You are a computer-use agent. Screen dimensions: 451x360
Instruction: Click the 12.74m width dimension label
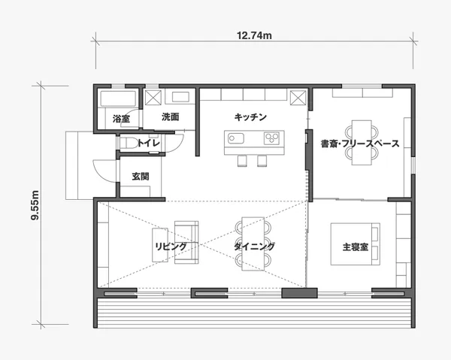click(x=254, y=35)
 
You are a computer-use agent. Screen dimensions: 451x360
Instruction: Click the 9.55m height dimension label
click(x=35, y=205)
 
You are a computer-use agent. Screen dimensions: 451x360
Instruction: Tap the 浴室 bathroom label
click(x=121, y=119)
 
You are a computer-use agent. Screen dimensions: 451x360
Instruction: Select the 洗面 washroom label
click(x=171, y=116)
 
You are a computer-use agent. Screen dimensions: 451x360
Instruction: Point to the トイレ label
click(x=148, y=143)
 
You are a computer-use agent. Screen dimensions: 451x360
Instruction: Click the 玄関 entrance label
click(x=141, y=177)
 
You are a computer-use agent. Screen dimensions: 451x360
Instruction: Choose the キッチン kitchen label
click(x=250, y=117)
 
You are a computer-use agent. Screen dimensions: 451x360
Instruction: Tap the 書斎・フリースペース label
click(x=360, y=144)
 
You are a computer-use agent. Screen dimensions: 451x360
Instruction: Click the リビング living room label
click(x=171, y=247)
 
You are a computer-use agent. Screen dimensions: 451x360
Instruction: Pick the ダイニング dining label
click(x=254, y=247)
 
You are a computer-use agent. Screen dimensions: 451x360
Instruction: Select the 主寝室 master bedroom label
click(x=356, y=247)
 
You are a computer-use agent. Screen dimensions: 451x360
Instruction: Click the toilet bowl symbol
click(x=129, y=143)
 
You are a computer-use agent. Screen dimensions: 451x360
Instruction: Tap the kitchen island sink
click(x=236, y=138)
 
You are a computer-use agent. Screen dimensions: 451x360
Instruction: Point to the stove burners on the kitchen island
click(x=272, y=138)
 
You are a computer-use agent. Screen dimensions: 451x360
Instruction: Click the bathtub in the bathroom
click(x=118, y=99)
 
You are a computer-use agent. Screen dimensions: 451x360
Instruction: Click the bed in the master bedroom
click(x=356, y=244)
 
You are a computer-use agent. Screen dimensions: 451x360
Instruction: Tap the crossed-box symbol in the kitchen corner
click(x=298, y=98)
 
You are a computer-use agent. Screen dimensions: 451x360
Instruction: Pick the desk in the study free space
click(x=362, y=143)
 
